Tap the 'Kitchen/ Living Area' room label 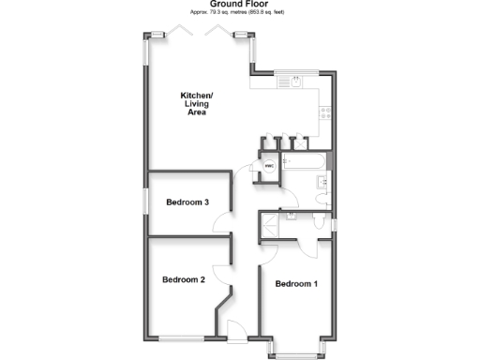198,104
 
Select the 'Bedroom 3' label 187,202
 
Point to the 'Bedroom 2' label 183,279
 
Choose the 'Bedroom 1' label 295,284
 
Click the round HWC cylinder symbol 268,167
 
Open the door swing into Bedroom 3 222,223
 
